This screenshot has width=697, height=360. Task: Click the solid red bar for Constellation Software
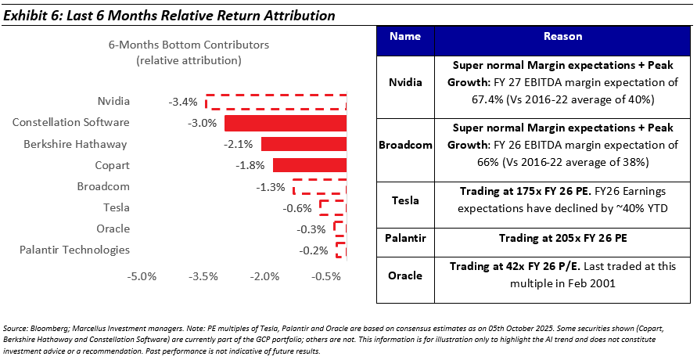tap(286, 123)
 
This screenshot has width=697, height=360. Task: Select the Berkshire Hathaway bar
tap(304, 144)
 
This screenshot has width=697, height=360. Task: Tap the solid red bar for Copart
tap(310, 165)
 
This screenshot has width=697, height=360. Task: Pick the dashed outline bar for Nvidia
tap(276, 102)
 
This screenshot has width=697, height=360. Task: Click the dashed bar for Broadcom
tap(320, 186)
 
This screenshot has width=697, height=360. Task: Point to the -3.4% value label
tap(182, 102)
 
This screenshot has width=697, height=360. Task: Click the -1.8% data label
tap(250, 165)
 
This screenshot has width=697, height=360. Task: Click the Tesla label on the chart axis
tap(116, 207)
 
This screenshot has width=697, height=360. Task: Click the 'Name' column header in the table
tap(404, 36)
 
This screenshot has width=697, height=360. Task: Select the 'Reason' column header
tap(561, 36)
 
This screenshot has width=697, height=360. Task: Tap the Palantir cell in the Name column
tap(404, 236)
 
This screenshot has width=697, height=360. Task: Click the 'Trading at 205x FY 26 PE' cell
tap(561, 236)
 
